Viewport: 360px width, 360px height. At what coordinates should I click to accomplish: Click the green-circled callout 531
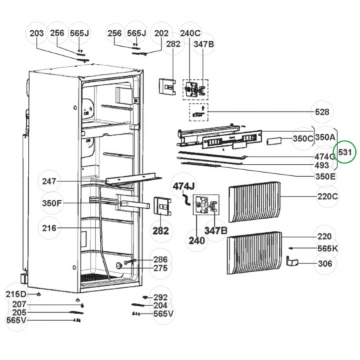point(345,153)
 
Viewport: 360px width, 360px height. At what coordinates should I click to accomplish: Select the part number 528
point(322,112)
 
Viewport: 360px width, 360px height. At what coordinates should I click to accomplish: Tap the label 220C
point(327,197)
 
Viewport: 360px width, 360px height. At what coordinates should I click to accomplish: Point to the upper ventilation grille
point(255,202)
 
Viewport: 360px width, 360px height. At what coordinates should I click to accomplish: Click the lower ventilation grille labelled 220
point(255,253)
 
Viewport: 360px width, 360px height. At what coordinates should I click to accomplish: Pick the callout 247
point(49,181)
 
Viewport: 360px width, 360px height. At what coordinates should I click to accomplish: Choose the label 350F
point(52,203)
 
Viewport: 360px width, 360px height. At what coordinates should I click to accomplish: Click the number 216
point(49,228)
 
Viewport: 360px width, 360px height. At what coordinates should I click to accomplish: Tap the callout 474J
point(184,186)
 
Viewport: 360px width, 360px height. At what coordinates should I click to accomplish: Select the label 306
point(325,263)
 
